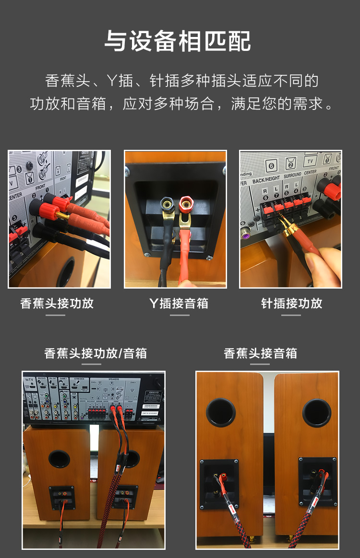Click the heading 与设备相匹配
(x=178, y=41)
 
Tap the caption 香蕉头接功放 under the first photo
(x=57, y=303)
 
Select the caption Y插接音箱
(x=179, y=303)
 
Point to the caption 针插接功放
(x=291, y=303)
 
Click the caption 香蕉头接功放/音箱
(x=96, y=353)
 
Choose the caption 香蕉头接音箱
(x=260, y=353)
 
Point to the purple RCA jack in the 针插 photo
(x=245, y=233)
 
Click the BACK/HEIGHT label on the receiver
(x=266, y=179)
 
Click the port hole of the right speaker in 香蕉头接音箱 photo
(x=317, y=412)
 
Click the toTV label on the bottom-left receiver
(x=29, y=379)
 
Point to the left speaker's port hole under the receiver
(x=59, y=459)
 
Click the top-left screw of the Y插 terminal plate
(x=128, y=169)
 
